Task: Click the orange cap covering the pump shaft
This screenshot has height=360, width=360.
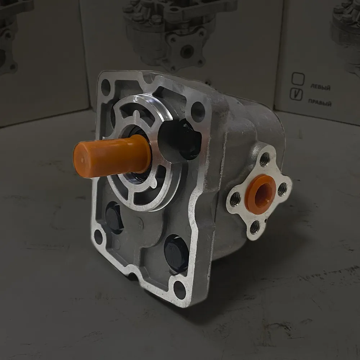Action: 112,156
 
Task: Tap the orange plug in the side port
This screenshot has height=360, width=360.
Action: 260,194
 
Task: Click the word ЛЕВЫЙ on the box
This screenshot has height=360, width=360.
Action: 320,87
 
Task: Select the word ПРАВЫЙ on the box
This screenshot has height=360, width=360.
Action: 320,102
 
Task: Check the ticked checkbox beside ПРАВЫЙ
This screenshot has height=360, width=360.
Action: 296,94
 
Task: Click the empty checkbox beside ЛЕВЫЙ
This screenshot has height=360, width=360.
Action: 298,79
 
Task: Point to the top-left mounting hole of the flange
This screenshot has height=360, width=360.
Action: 105,87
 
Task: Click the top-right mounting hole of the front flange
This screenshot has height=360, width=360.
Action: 198,112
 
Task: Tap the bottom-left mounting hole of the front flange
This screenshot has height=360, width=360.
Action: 98,237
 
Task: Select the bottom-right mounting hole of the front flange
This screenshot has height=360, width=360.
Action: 180,290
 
